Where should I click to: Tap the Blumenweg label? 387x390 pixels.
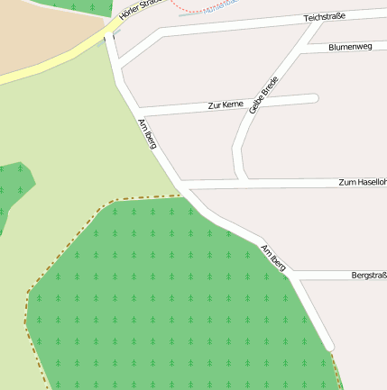coord(351,46)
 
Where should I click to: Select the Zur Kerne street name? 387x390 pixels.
coord(225,105)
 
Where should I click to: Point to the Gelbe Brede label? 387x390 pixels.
coord(263,95)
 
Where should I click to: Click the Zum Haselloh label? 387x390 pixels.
coord(362,182)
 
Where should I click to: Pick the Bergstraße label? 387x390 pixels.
coord(369,275)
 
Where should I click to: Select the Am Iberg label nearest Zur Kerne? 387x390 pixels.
coord(145,133)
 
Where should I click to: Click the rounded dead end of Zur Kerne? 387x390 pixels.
coord(314,98)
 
